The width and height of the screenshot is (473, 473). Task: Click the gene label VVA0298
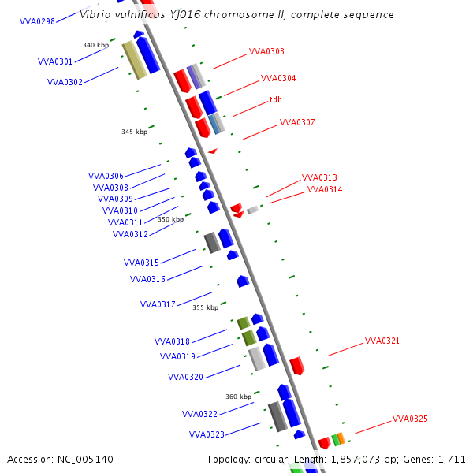pyautogui.click(x=37, y=21)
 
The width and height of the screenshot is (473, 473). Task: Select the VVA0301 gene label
pyautogui.click(x=55, y=61)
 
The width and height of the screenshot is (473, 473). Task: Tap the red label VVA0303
pyautogui.click(x=266, y=51)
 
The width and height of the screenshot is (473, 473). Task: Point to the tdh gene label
pyautogui.click(x=276, y=99)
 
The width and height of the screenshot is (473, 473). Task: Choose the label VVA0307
pyautogui.click(x=297, y=122)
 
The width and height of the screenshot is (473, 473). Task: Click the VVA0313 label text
pyautogui.click(x=319, y=178)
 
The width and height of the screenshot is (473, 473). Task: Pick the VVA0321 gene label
pyautogui.click(x=382, y=341)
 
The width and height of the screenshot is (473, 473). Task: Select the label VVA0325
pyautogui.click(x=410, y=419)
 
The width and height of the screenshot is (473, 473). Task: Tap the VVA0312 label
pyautogui.click(x=130, y=234)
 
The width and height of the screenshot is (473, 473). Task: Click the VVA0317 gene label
pyautogui.click(x=158, y=304)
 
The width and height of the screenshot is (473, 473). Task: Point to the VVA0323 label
pyautogui.click(x=207, y=434)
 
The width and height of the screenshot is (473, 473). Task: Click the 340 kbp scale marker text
pyautogui.click(x=95, y=45)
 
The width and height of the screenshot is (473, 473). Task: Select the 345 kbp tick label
pyautogui.click(x=134, y=132)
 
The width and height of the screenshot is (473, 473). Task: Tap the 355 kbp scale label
pyautogui.click(x=205, y=307)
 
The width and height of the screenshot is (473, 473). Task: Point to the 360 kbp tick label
pyautogui.click(x=238, y=397)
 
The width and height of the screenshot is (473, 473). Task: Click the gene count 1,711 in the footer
pyautogui.click(x=452, y=459)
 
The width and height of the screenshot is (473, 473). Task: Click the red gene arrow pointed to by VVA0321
pyautogui.click(x=297, y=366)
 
